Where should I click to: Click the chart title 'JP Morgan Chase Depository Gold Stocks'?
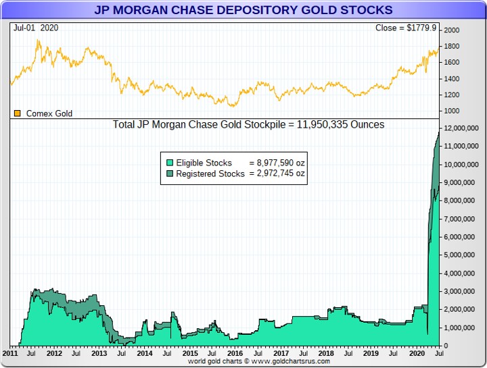(x=243, y=10)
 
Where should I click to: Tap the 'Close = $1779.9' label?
(x=407, y=28)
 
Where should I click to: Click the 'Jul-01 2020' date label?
(x=36, y=28)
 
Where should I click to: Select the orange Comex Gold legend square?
(x=18, y=113)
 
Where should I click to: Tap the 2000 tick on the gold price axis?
(x=452, y=30)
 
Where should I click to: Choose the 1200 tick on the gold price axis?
(x=452, y=95)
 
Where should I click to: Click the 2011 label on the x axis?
(x=10, y=353)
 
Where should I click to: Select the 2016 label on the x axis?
(x=235, y=353)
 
